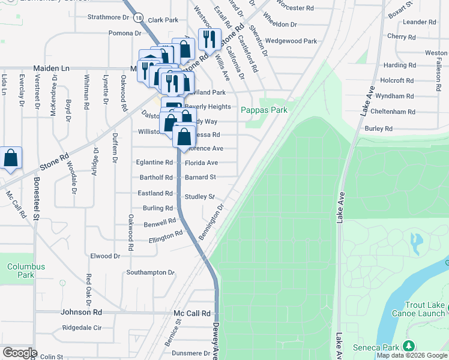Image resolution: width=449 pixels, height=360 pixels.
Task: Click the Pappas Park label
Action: click(264, 110)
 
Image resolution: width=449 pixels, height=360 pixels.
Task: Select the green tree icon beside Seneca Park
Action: click(409, 346)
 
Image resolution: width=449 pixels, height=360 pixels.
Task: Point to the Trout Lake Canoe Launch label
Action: click(424, 309)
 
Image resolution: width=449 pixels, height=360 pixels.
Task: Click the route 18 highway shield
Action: click(139, 19)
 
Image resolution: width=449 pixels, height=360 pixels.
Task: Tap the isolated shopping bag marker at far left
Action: click(11, 158)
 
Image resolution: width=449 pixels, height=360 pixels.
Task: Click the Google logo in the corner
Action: click(20, 353)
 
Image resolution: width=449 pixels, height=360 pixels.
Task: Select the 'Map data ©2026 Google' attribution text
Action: click(412, 356)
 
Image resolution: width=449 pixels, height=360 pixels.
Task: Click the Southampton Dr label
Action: click(150, 272)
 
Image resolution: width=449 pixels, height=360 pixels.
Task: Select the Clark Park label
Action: click(163, 20)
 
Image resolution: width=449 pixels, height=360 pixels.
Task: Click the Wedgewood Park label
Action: click(291, 41)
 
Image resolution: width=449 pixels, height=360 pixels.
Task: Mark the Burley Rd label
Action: click(378, 128)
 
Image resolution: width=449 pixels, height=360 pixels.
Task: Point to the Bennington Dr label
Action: click(211, 223)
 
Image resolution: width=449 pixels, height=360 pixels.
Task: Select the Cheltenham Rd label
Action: click(394, 112)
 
